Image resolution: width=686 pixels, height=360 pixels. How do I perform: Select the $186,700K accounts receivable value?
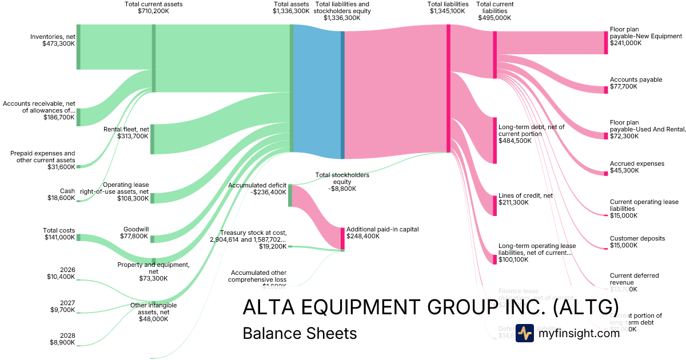point(59,117)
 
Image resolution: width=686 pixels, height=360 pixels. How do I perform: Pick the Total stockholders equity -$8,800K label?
point(342,182)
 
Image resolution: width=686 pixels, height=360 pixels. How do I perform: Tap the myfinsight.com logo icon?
point(524,333)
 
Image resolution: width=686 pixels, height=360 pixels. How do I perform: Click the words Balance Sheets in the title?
point(300,333)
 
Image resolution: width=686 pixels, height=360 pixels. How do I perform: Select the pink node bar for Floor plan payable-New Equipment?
point(606,42)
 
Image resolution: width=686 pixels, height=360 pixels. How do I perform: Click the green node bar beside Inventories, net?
point(78,47)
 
